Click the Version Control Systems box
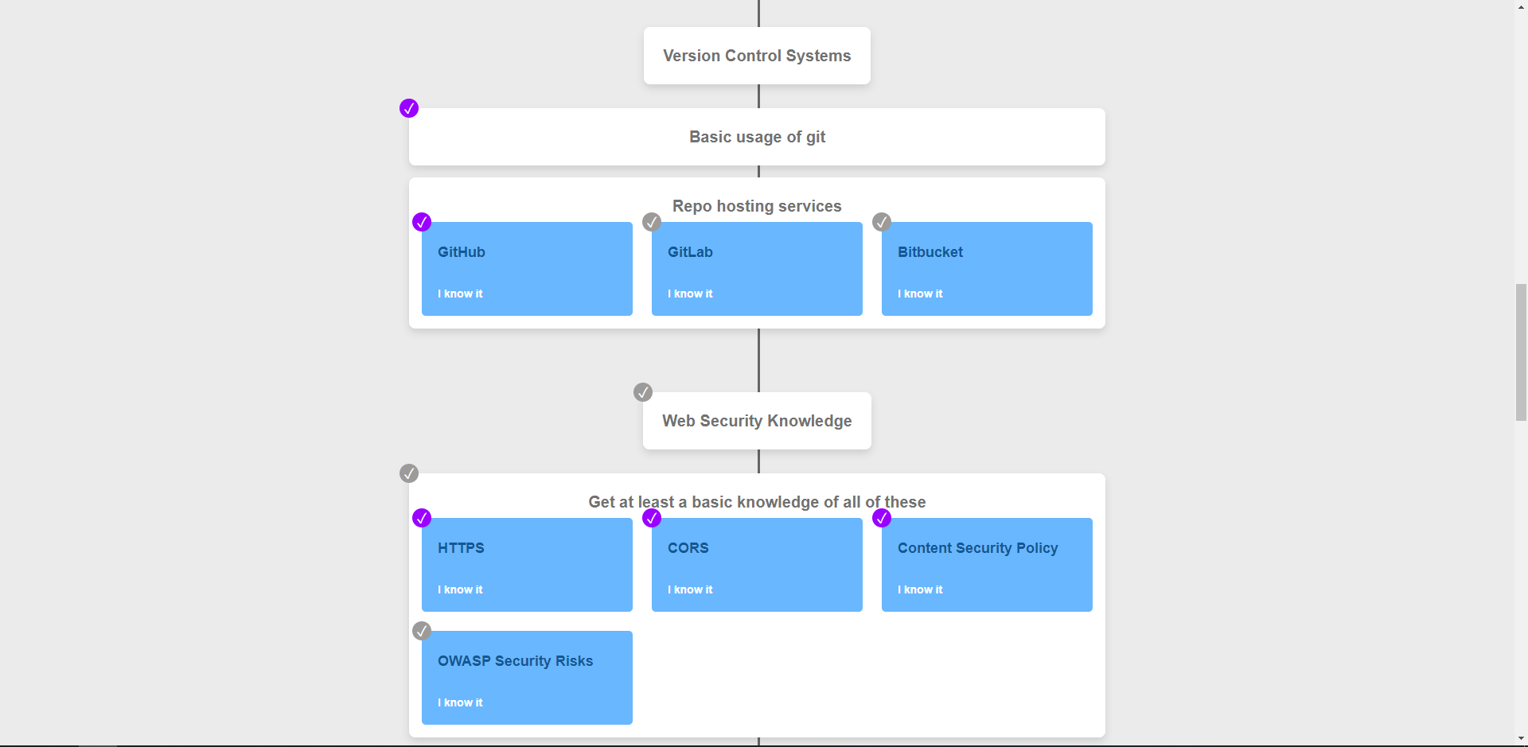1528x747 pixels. (x=757, y=56)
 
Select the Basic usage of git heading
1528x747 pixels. (x=757, y=137)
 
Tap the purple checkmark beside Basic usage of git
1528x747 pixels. (x=409, y=108)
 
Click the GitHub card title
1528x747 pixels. (x=462, y=252)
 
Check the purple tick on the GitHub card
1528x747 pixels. (x=422, y=222)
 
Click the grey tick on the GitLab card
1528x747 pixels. (x=652, y=222)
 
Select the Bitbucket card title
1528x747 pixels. (x=930, y=252)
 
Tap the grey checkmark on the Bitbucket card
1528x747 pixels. (x=882, y=222)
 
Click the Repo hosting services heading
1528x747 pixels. (x=757, y=206)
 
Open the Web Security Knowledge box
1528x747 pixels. (x=757, y=421)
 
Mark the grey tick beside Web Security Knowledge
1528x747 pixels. (x=643, y=392)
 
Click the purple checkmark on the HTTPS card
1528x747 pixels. (x=422, y=518)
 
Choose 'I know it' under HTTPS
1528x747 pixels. (x=460, y=589)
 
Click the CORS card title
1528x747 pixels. (x=688, y=548)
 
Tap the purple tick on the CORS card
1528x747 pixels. (x=652, y=518)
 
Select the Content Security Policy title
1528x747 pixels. (x=978, y=548)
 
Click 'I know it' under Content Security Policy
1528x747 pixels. (x=920, y=589)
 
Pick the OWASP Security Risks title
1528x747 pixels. (x=516, y=661)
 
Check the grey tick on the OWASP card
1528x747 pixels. (x=422, y=631)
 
